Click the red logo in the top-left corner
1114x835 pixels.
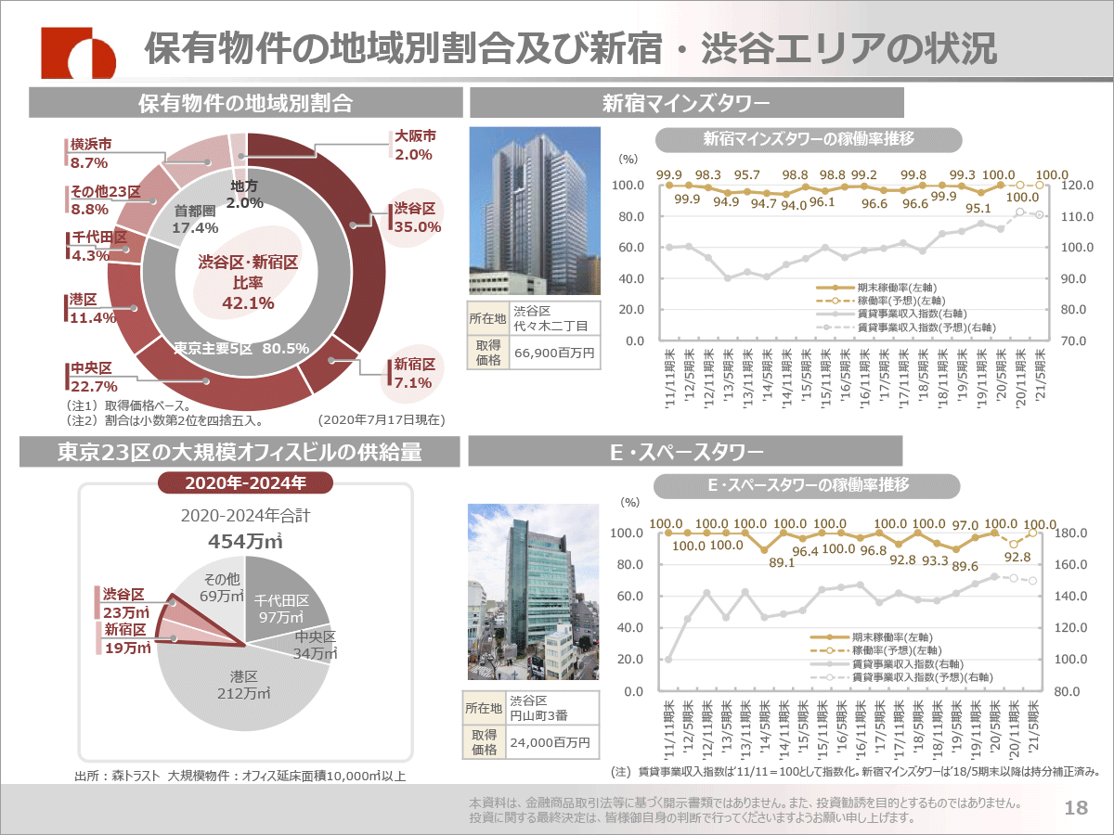click(78, 51)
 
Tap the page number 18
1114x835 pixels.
click(1076, 808)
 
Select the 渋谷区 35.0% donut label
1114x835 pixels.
click(415, 218)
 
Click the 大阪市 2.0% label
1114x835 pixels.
click(414, 146)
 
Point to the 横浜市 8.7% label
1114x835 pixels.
click(90, 154)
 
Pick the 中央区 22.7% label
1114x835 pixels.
click(94, 378)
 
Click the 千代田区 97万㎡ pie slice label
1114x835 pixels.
click(282, 609)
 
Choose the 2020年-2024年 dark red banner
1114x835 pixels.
click(245, 482)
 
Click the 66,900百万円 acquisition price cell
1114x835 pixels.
click(553, 353)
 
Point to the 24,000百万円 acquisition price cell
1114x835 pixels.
click(553, 742)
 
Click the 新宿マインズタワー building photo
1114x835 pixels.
click(529, 210)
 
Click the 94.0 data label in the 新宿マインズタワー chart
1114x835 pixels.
click(793, 206)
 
